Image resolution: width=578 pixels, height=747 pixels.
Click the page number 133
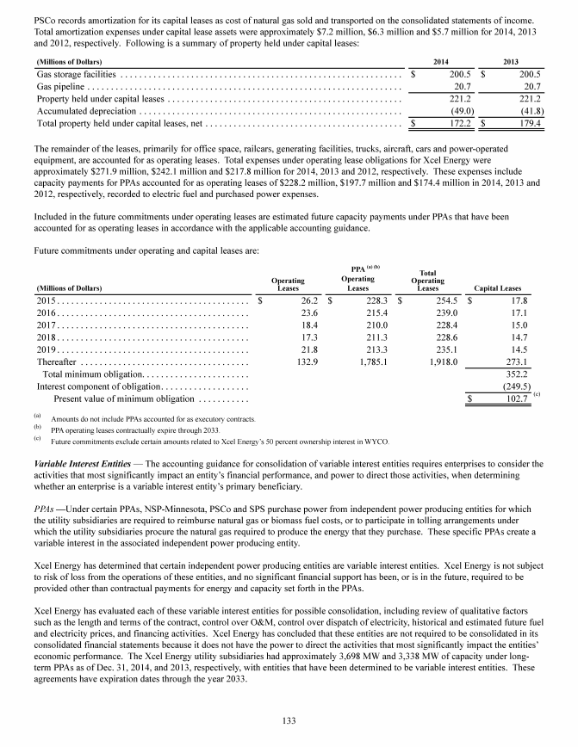pyautogui.click(x=289, y=721)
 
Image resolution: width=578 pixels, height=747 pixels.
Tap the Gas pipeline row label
pyautogui.click(x=60, y=87)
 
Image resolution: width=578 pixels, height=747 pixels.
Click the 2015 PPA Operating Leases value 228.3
pyautogui.click(x=375, y=300)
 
